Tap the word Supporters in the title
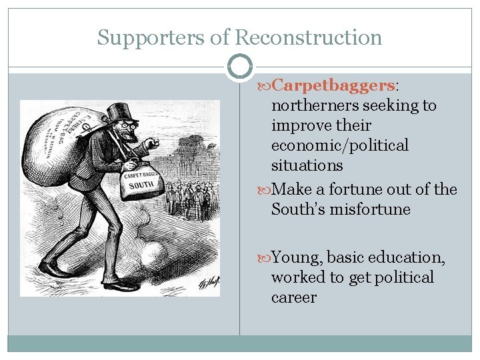point(151,38)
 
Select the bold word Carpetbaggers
point(333,85)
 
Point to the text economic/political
point(340,145)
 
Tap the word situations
point(307,165)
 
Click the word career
point(294,297)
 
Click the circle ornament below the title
point(239,67)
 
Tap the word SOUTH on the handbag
point(141,185)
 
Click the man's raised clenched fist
point(152,143)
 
